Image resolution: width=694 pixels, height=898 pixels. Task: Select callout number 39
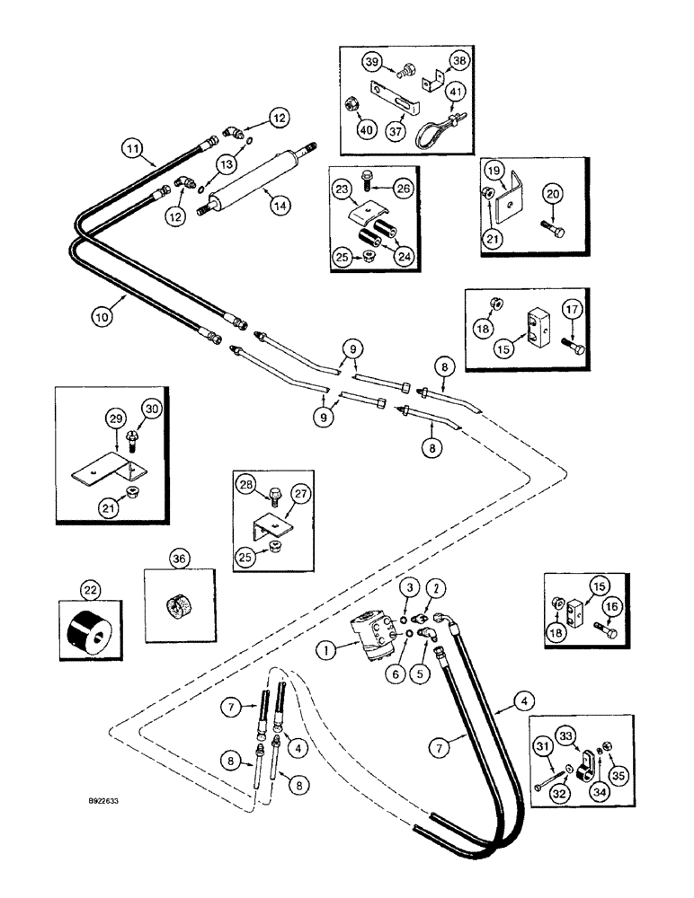click(x=371, y=62)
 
